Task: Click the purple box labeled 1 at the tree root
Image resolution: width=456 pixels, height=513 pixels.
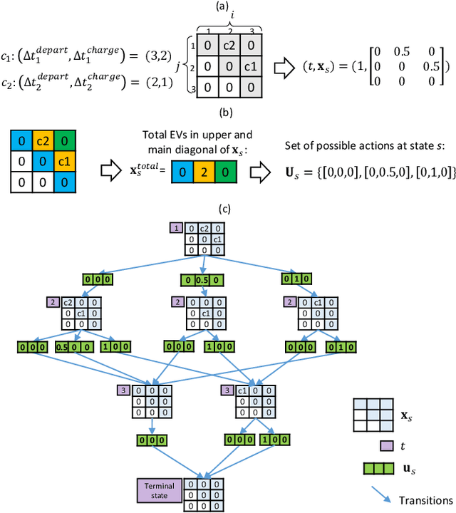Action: click(x=175, y=227)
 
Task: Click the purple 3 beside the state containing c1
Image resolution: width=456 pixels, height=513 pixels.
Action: click(x=227, y=390)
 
